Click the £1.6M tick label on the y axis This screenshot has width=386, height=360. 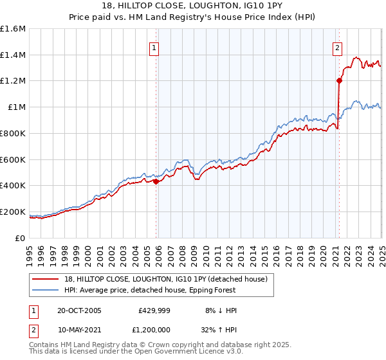[x=13, y=29]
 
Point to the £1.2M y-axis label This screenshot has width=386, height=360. [x=13, y=81]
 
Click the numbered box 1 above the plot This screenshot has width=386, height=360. [x=155, y=47]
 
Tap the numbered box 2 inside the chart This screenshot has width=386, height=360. [x=337, y=47]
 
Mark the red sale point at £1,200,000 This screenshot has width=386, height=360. [x=338, y=81]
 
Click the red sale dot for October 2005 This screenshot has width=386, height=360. [x=156, y=181]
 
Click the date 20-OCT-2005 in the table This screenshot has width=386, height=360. [x=79, y=310]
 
